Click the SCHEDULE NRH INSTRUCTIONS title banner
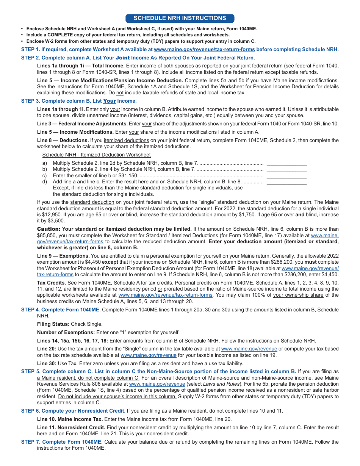180,18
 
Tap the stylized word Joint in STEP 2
122,58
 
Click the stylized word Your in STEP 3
110,101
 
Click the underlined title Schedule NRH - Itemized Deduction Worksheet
96,155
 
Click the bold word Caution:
49,229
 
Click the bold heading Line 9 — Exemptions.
63,256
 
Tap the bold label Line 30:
47,363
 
